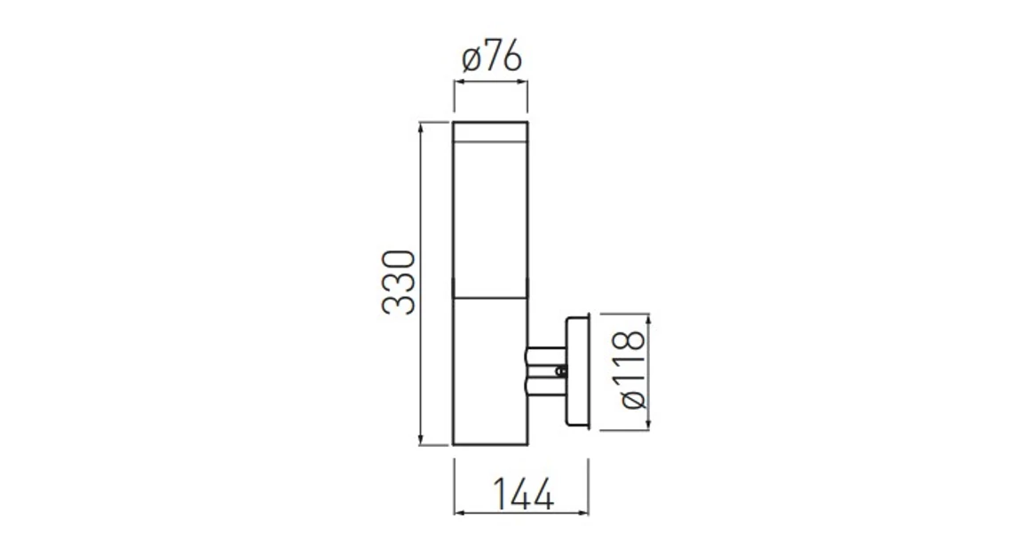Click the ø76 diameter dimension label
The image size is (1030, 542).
(491, 59)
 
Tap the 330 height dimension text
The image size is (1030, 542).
(399, 283)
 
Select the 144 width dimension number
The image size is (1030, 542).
(522, 494)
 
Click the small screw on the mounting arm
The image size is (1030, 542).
(559, 371)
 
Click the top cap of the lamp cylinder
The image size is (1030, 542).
(490, 132)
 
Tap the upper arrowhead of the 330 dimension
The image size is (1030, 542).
(421, 125)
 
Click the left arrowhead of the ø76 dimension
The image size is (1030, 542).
(458, 83)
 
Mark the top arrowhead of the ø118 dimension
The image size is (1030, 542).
(648, 318)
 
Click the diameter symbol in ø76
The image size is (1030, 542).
(471, 60)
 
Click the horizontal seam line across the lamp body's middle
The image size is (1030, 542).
(490, 297)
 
